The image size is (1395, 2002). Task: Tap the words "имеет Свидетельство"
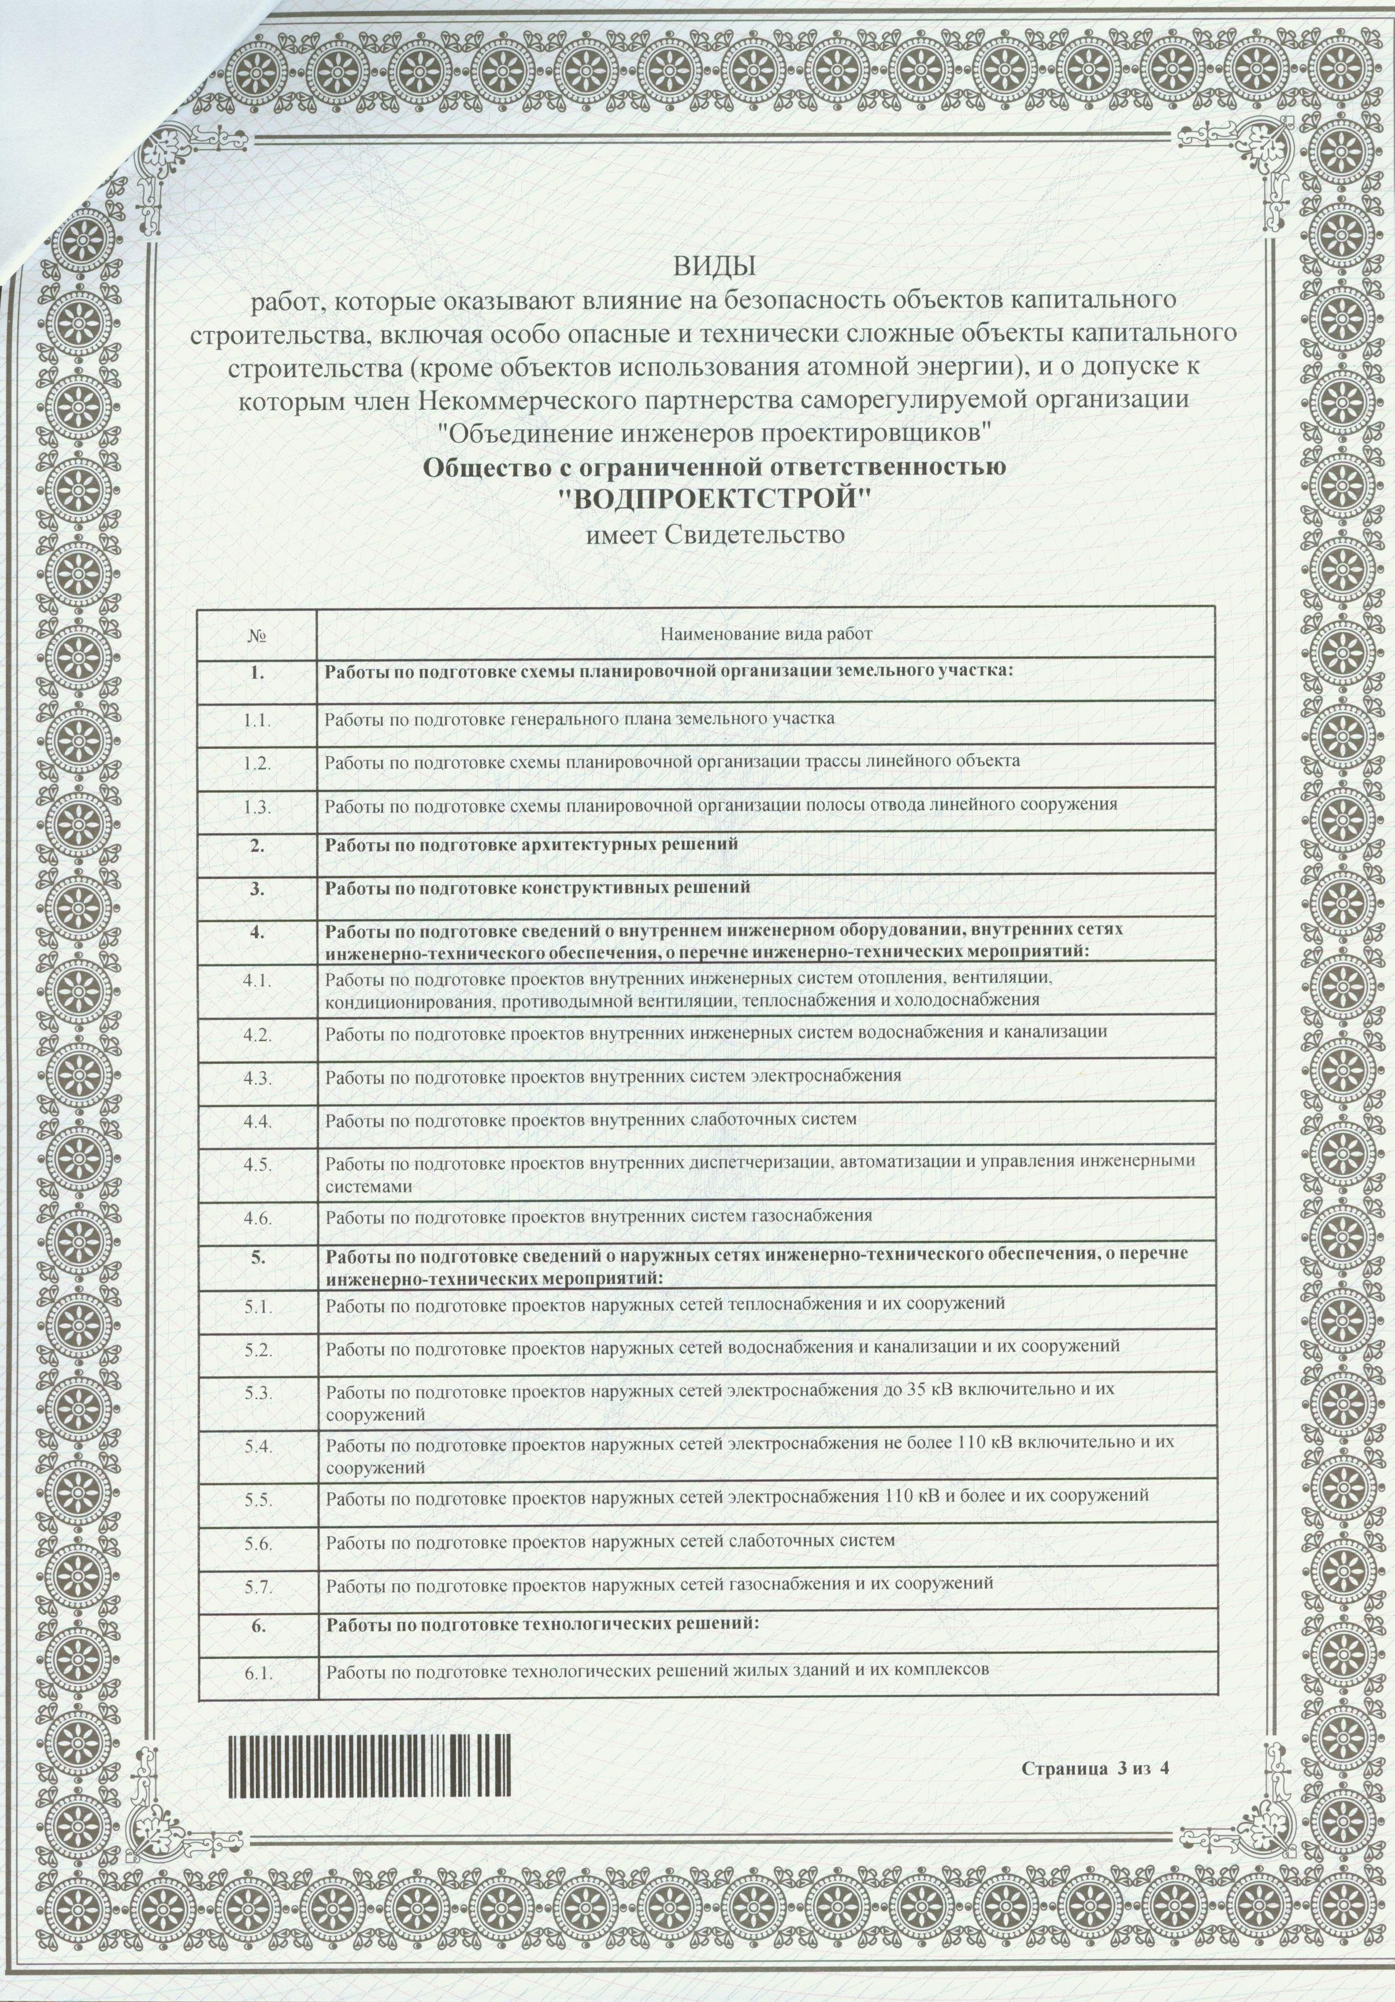(x=714, y=534)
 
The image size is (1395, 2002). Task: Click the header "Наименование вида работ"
(x=766, y=635)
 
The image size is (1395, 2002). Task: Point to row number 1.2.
(x=258, y=761)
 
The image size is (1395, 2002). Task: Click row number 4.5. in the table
(x=258, y=1164)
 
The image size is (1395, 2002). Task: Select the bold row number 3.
(x=258, y=889)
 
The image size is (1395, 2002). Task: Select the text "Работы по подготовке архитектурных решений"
(x=532, y=845)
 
